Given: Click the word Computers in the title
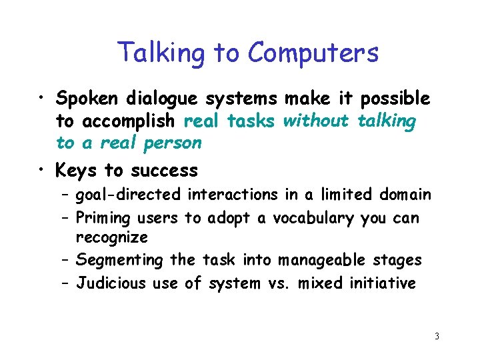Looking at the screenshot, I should (313, 53).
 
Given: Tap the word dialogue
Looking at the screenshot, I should (165, 99).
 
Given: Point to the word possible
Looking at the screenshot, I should (395, 99).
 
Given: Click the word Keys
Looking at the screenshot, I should (78, 171).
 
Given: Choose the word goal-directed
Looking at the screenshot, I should (128, 195).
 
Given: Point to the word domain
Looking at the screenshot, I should (405, 195).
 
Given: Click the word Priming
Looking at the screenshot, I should (104, 217).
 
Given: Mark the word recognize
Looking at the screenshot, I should (112, 237).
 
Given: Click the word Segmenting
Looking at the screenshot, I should (119, 260).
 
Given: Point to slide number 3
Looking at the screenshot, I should (437, 336).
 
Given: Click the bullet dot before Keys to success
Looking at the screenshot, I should (41, 171).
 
